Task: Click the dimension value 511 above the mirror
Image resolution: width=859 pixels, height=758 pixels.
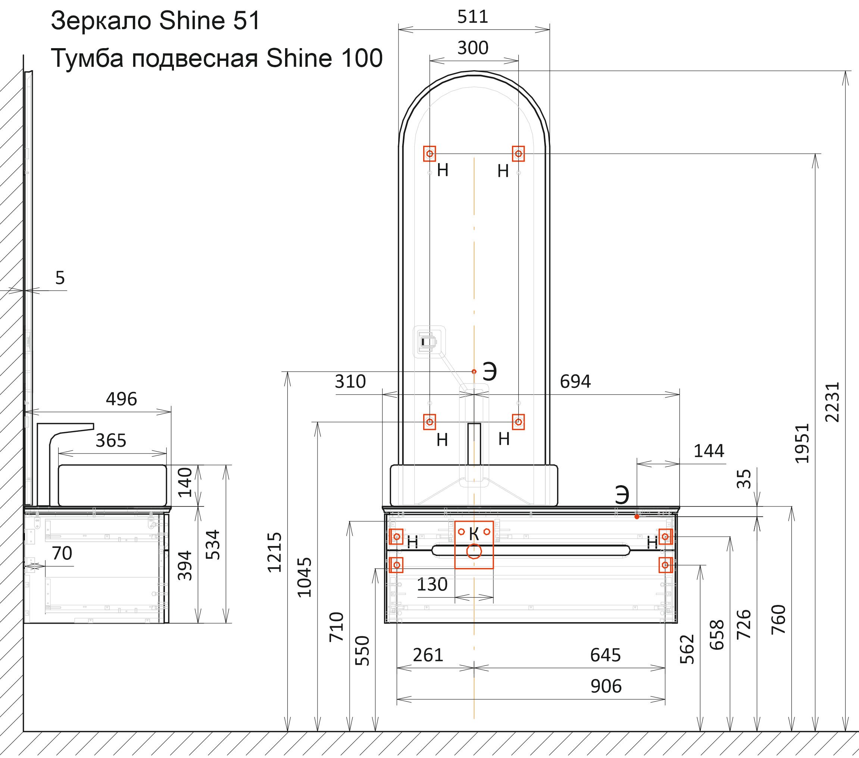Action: [473, 17]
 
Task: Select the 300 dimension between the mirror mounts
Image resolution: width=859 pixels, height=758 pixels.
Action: [473, 48]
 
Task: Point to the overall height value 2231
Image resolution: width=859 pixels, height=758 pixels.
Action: [832, 402]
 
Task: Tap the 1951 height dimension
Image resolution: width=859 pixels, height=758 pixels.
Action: [802, 443]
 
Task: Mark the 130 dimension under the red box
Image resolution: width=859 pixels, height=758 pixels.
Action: [432, 584]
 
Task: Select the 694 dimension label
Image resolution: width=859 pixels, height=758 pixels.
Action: [575, 381]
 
